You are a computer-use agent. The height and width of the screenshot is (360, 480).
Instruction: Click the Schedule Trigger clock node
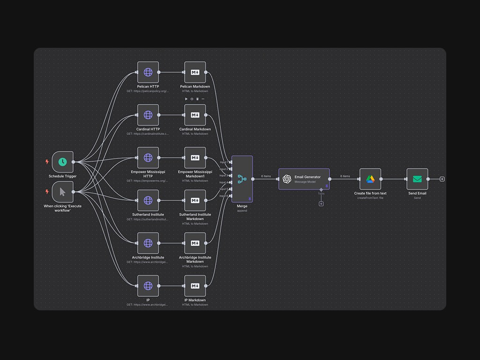(62, 162)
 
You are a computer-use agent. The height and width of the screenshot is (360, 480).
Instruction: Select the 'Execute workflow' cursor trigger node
(62, 192)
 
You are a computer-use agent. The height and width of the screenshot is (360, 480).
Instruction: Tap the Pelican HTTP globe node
(148, 72)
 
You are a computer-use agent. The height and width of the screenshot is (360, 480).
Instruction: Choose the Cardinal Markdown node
(195, 115)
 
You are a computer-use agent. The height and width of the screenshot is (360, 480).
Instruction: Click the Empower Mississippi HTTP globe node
(148, 157)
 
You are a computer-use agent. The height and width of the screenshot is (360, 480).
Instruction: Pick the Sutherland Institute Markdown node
(195, 200)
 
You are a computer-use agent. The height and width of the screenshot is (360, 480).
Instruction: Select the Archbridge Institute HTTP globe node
(148, 243)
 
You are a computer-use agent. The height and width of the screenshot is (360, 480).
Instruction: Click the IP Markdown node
(195, 286)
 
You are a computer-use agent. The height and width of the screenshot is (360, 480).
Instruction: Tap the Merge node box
(242, 179)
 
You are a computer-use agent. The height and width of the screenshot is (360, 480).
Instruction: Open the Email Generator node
(304, 179)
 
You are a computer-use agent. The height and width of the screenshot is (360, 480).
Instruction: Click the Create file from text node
(370, 179)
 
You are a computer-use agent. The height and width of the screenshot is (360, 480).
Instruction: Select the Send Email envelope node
(417, 179)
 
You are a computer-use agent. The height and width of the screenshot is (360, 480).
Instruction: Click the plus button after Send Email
(442, 179)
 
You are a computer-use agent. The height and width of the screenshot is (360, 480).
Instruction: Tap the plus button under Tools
(321, 204)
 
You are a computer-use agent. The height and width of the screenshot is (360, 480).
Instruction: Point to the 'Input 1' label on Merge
(224, 162)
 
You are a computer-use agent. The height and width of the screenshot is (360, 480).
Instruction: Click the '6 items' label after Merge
(266, 176)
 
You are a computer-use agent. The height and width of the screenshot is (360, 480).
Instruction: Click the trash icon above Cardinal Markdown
(197, 99)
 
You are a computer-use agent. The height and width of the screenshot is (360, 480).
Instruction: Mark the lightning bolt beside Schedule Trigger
(47, 162)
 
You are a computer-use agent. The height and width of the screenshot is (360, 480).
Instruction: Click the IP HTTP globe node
(148, 286)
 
